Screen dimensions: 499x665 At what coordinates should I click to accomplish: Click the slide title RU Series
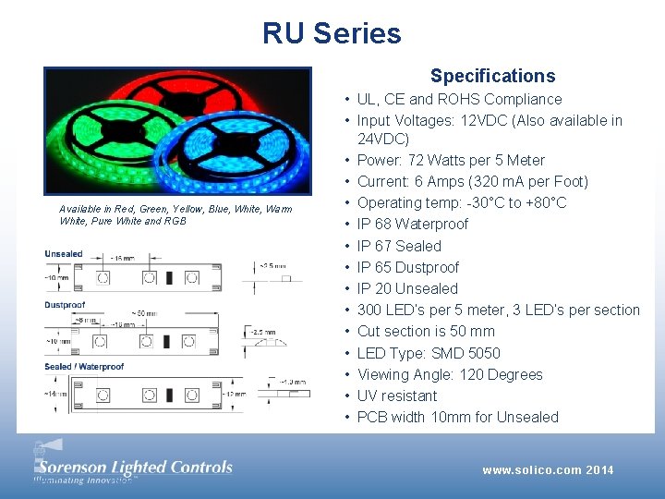click(332, 33)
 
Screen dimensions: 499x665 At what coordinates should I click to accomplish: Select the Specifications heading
click(492, 76)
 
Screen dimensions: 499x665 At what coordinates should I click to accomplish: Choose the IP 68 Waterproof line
click(412, 224)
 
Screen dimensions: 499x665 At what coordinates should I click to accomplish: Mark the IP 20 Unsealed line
click(407, 288)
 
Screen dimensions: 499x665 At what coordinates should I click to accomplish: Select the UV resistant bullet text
click(397, 396)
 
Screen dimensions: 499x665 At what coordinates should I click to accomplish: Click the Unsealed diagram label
click(64, 254)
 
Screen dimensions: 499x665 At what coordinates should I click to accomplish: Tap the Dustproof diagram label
click(65, 305)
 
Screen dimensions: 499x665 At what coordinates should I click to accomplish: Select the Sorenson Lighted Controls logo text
click(134, 467)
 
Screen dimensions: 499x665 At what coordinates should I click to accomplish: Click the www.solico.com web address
click(530, 470)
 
